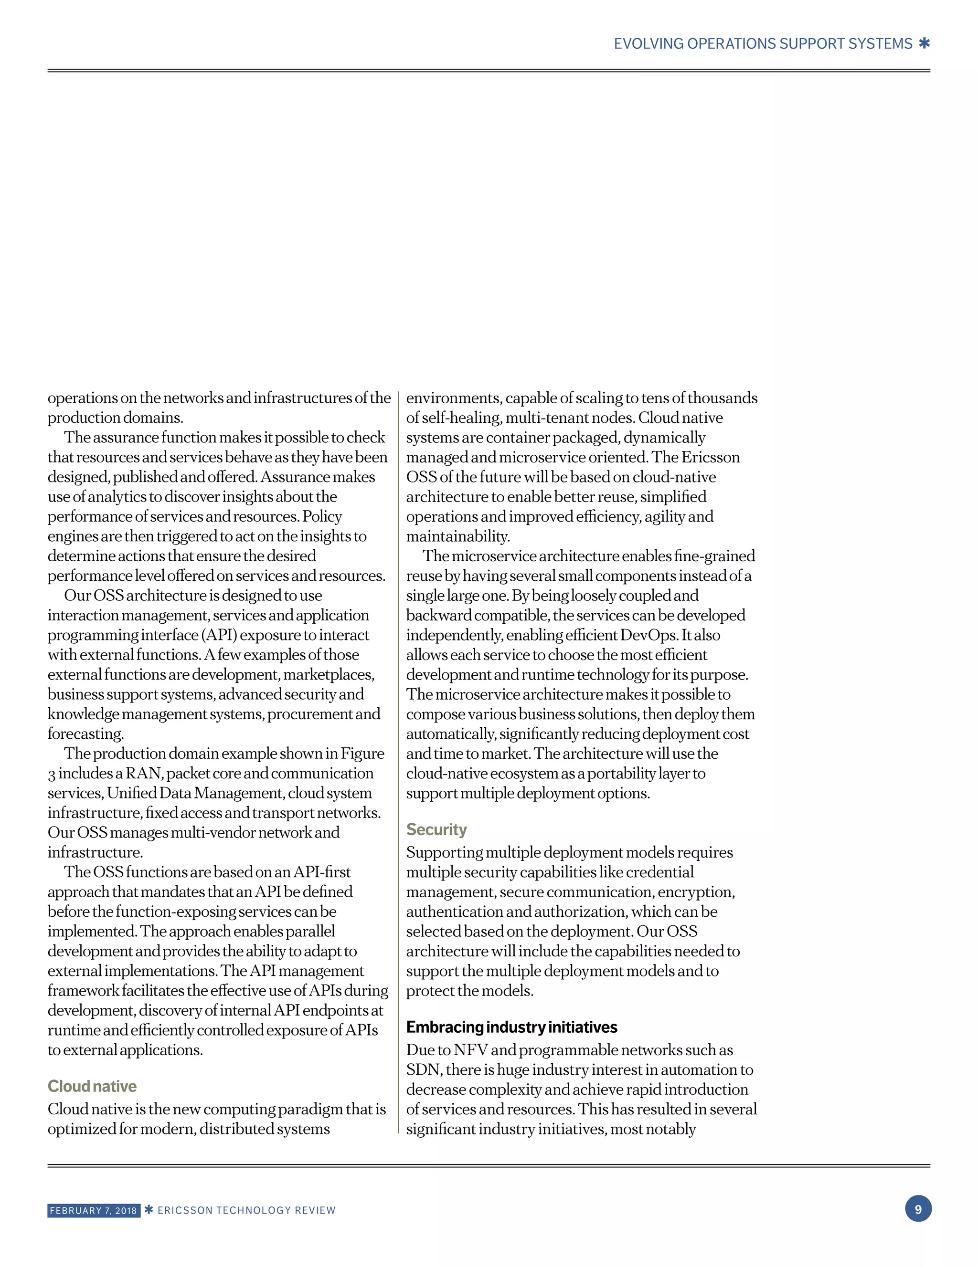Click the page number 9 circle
[918, 1209]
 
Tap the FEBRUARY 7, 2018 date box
[94, 1211]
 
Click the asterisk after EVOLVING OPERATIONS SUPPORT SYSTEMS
[924, 43]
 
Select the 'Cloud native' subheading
[92, 1086]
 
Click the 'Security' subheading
[436, 829]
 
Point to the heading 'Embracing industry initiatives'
[511, 1027]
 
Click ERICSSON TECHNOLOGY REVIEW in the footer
[246, 1211]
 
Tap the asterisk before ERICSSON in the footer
[149, 1210]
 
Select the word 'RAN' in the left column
[143, 773]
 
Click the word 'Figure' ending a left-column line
[362, 754]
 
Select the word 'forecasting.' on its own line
[85, 734]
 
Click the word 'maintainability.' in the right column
[458, 536]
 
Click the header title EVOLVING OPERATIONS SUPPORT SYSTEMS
[763, 44]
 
